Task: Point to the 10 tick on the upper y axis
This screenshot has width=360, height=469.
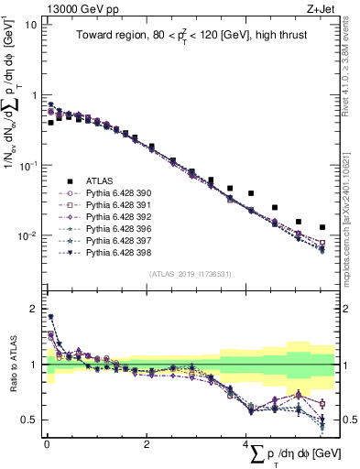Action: coord(30,25)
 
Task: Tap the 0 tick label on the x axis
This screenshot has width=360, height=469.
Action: coord(47,444)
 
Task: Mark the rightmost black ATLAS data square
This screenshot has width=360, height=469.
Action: coord(322,227)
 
